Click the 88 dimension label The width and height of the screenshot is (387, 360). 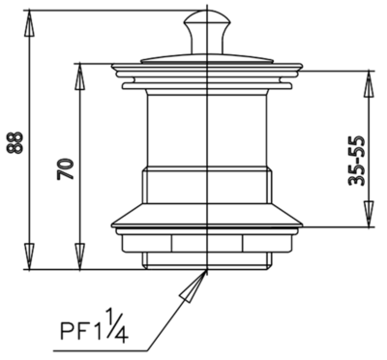(15, 142)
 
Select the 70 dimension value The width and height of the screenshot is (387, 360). (66, 168)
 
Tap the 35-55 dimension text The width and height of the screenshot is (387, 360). (357, 161)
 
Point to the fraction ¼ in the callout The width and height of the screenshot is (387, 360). (116, 324)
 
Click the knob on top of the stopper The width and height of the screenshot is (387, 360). (207, 32)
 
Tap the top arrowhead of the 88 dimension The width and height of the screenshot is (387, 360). (29, 24)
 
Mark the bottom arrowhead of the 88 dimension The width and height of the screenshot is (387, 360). (29, 255)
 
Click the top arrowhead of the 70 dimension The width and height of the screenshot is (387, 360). (79, 76)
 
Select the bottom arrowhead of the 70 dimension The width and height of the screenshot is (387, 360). (79, 255)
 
